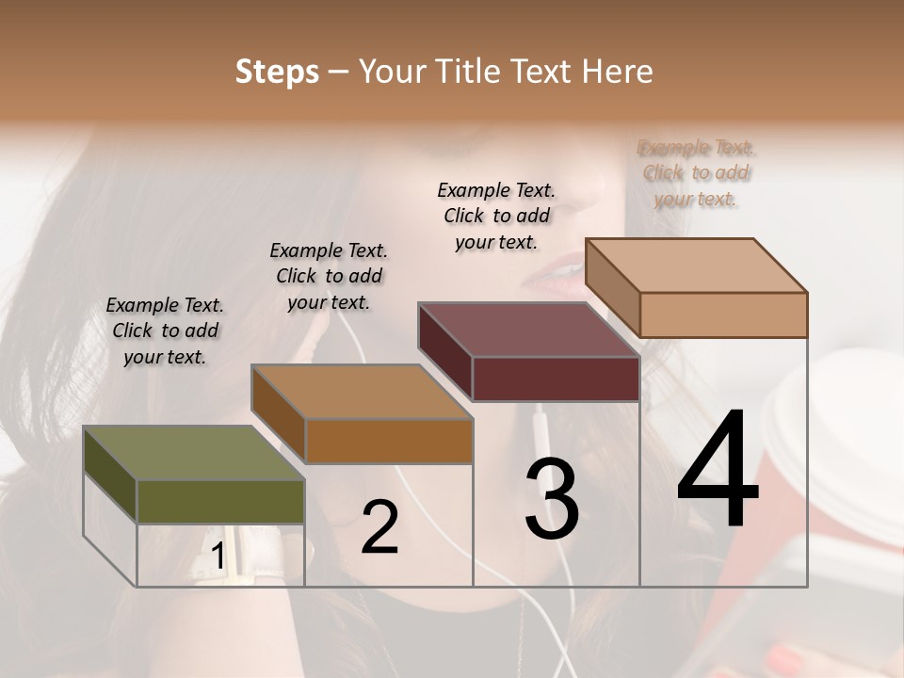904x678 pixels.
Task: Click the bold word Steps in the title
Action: click(277, 72)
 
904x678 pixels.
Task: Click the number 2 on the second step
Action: click(379, 526)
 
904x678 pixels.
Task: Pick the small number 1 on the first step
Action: click(218, 557)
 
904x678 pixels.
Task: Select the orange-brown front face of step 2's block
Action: click(389, 441)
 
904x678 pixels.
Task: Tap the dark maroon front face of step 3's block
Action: click(556, 379)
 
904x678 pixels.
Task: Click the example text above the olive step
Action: click(165, 331)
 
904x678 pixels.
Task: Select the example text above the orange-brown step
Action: click(329, 276)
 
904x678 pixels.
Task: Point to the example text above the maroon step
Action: click(496, 216)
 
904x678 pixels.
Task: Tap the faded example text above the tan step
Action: click(696, 172)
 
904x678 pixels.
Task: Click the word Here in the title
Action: click(618, 72)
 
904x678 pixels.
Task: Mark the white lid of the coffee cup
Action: click(838, 443)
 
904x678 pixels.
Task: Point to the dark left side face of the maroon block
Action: click(444, 351)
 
